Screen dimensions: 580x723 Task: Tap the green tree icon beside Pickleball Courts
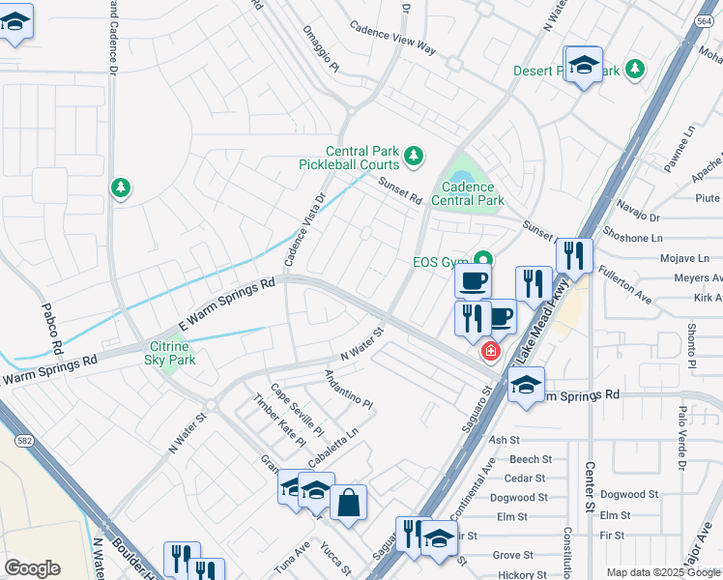tap(414, 155)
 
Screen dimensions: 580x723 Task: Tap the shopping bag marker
tap(348, 503)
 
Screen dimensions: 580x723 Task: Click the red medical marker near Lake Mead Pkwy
tap(491, 351)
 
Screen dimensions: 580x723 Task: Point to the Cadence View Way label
tap(393, 42)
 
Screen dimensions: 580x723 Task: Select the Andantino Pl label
tap(349, 390)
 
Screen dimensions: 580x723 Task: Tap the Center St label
tap(589, 486)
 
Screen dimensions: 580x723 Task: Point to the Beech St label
tap(530, 459)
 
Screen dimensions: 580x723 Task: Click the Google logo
tap(32, 568)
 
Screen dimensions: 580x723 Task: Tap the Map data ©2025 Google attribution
tap(662, 572)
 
